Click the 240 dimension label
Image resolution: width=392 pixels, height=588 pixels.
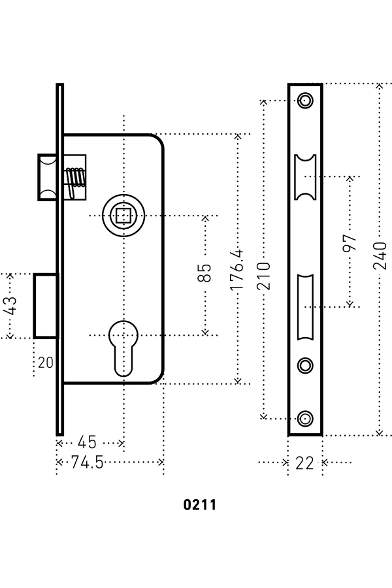380,255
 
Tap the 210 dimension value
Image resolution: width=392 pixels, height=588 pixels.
264,276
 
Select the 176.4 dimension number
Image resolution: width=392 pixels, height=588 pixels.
237,270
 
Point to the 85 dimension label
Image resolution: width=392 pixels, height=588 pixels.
204,272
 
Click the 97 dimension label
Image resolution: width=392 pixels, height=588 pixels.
350,243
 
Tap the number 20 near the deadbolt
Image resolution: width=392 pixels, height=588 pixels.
45,363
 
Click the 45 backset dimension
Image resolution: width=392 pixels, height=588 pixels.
87,442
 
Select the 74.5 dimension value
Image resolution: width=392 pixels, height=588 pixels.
87,463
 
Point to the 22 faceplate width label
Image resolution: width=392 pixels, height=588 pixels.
304,463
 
